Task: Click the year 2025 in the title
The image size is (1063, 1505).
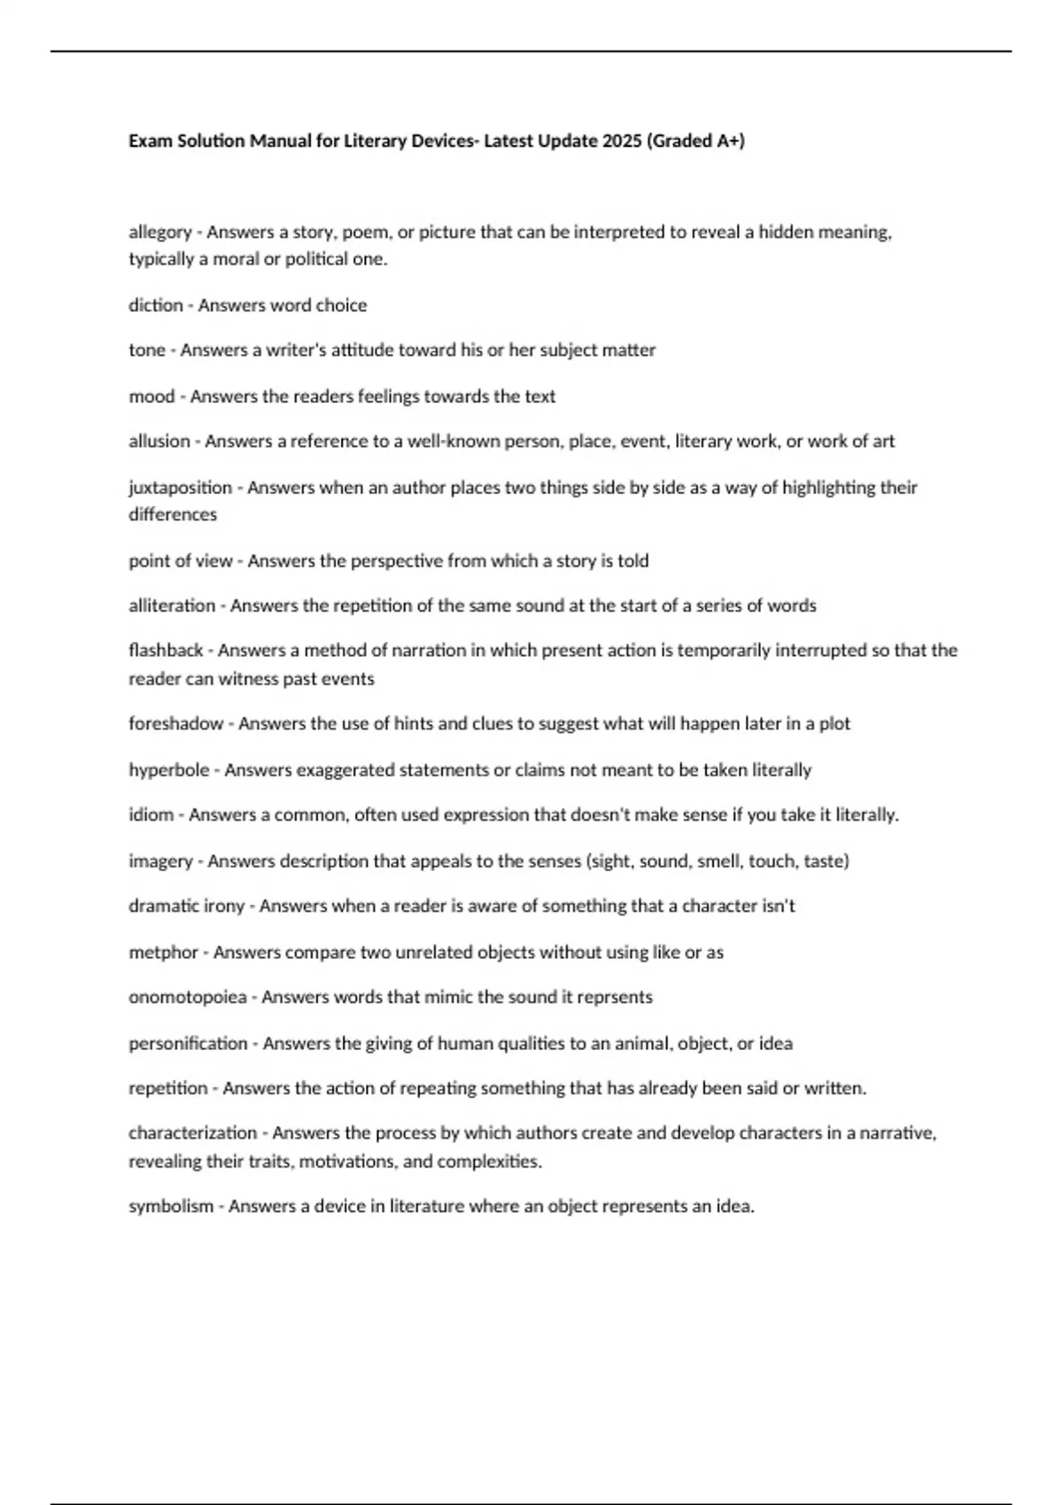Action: (622, 141)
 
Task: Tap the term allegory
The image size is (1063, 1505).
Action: (159, 233)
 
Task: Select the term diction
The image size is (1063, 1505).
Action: (155, 305)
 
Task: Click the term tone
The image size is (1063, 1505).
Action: (147, 351)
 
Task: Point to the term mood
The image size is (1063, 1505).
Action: (151, 397)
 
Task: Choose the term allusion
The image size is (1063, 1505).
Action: (159, 442)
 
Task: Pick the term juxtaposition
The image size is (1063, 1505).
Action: (180, 488)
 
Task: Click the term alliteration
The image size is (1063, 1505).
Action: (172, 606)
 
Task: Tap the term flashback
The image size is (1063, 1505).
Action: (166, 651)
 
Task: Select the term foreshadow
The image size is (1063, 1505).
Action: (175, 724)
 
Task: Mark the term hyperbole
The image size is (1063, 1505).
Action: (169, 770)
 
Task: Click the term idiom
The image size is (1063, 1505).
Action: (151, 814)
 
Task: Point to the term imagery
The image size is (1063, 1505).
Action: (160, 861)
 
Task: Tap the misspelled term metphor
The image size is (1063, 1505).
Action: (163, 953)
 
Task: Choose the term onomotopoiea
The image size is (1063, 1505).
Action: (187, 998)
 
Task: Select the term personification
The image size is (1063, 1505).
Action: (188, 1044)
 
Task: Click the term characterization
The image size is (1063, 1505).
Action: (192, 1133)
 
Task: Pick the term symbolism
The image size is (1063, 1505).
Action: (171, 1207)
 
